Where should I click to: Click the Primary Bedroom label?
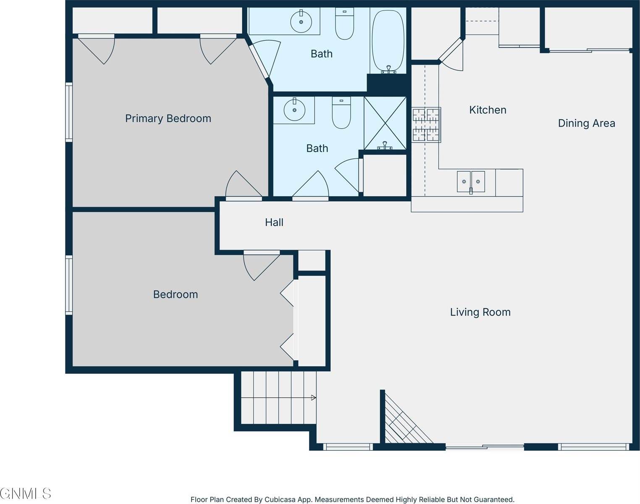[x=168, y=118]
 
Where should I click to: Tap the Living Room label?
[x=480, y=312]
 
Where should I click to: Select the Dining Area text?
[x=586, y=123]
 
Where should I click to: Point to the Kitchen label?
[x=488, y=110]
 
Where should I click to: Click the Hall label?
[x=274, y=222]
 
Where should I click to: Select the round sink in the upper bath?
[x=301, y=21]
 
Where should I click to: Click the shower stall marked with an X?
[x=385, y=123]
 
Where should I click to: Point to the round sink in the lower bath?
[x=294, y=110]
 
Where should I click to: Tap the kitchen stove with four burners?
[x=426, y=125]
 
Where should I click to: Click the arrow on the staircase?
[x=313, y=397]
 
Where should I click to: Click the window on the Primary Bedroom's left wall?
[x=69, y=112]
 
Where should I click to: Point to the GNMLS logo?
[x=26, y=493]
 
